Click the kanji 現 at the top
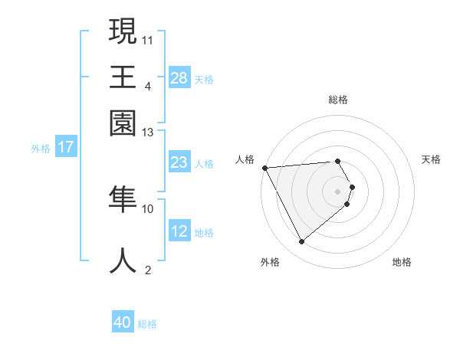[x=123, y=33]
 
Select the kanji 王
[x=123, y=77]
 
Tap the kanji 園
[x=123, y=122]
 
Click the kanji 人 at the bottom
[x=123, y=261]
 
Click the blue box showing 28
[x=179, y=77]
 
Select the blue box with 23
[x=179, y=162]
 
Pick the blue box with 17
[x=66, y=148]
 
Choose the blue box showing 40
[x=123, y=322]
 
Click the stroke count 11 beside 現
[x=148, y=39]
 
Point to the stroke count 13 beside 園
[x=148, y=133]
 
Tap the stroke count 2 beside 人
[x=148, y=270]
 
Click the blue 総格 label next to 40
[x=147, y=324]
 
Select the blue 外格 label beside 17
[x=41, y=149]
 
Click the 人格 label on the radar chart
[x=245, y=159]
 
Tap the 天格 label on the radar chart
[x=431, y=159]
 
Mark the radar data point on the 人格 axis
[x=264, y=168]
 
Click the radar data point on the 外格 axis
[x=301, y=242]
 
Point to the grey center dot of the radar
[x=337, y=191]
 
